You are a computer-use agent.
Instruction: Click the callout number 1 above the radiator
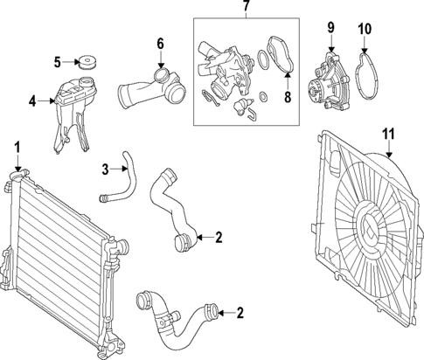[x=17, y=148]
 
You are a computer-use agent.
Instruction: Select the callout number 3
[x=105, y=170]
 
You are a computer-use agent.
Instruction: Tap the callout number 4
[x=32, y=101]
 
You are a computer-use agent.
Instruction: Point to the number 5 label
[x=58, y=62]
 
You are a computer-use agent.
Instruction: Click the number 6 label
[x=160, y=44]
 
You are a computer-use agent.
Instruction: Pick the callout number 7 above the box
[x=247, y=5]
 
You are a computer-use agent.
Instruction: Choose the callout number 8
[x=288, y=97]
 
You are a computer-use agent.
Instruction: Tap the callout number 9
[x=330, y=27]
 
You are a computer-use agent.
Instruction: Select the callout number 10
[x=365, y=29]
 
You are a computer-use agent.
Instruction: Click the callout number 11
[x=388, y=134]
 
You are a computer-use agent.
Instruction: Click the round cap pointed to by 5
[x=87, y=64]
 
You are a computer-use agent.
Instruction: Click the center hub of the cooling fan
[x=371, y=226]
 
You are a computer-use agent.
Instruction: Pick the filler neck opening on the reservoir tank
[x=87, y=81]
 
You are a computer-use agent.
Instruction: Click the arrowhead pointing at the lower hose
[x=220, y=314]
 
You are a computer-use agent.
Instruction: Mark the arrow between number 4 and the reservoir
[x=45, y=101]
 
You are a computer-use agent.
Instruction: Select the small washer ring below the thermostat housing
[x=263, y=96]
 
